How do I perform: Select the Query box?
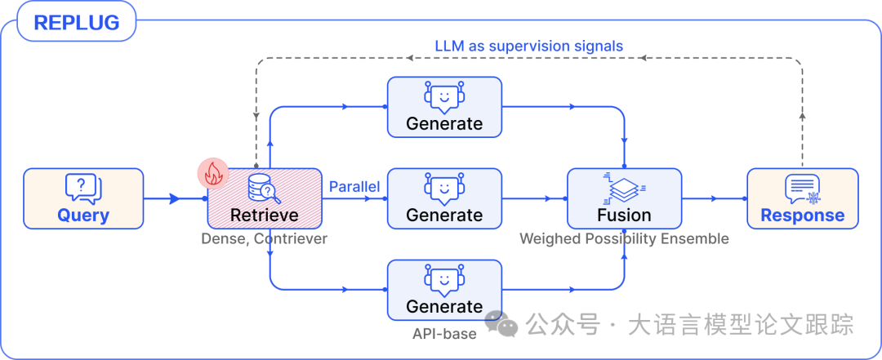click(x=83, y=198)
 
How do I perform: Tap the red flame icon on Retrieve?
click(x=214, y=172)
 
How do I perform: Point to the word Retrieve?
click(x=265, y=216)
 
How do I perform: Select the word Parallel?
click(x=354, y=187)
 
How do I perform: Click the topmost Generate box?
click(x=444, y=107)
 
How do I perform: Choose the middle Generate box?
click(x=444, y=198)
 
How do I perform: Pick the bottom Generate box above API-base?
click(x=444, y=290)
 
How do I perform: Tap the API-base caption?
click(x=444, y=333)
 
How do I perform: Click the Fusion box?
click(x=625, y=198)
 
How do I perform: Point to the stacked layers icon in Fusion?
click(x=624, y=188)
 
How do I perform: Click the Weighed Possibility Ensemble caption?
click(x=625, y=239)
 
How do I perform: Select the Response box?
click(x=803, y=198)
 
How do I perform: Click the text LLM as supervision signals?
click(x=529, y=46)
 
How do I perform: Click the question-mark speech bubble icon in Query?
click(x=82, y=188)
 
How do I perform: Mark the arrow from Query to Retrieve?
click(x=173, y=198)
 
